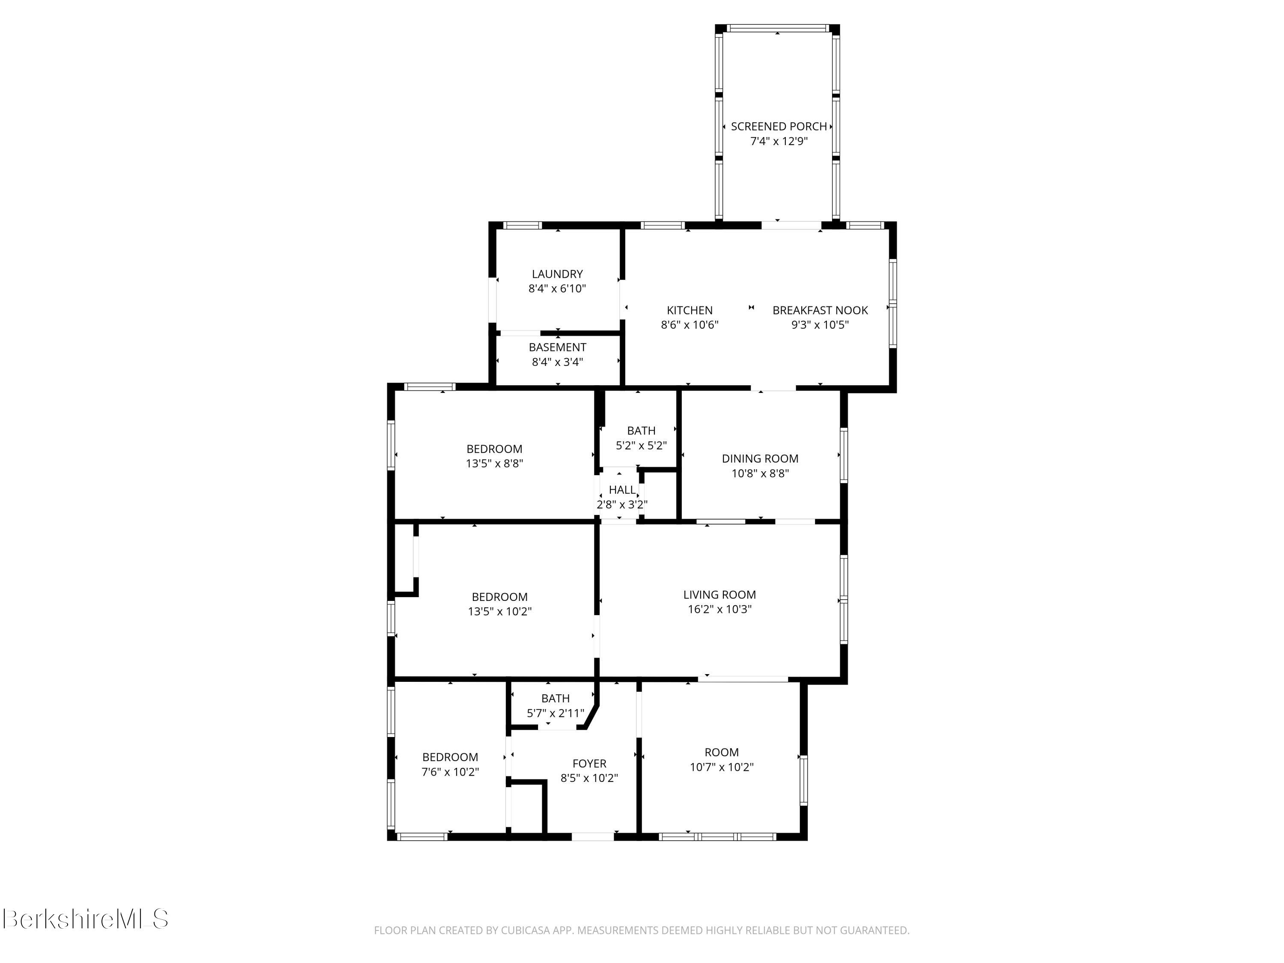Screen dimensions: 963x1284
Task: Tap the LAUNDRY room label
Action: (557, 274)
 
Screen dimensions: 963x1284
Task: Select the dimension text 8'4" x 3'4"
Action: (557, 362)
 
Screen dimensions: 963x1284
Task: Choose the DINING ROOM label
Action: (759, 458)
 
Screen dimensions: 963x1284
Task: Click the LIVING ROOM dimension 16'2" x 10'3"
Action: (719, 609)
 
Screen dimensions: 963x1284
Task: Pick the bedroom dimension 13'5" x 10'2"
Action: (499, 612)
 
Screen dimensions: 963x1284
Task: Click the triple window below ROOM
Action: (717, 836)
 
